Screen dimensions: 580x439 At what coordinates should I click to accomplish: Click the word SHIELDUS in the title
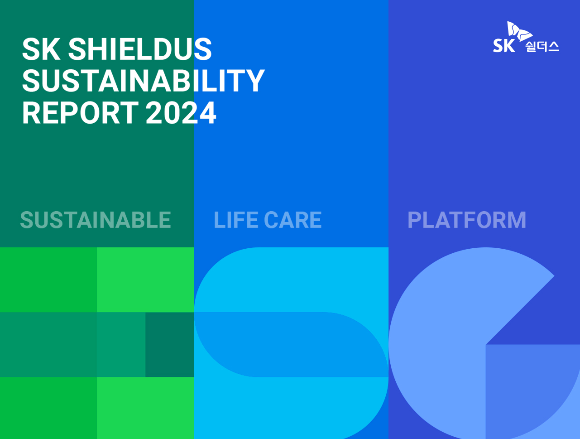140,49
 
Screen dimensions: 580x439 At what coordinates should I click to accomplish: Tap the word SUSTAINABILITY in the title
144,80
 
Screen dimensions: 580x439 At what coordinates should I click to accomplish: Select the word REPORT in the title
80,112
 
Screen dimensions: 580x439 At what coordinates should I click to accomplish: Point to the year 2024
181,112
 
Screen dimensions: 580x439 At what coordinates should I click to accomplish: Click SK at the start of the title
41,49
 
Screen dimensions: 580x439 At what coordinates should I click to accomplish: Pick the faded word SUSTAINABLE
96,220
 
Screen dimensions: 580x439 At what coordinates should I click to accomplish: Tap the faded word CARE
293,220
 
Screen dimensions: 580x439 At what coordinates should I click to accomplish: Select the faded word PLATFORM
467,220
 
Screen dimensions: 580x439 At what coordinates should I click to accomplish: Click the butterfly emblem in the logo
519,31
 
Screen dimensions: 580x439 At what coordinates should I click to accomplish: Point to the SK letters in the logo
504,45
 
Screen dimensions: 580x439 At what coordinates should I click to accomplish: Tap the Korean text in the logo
542,47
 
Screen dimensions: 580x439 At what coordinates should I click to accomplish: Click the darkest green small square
170,344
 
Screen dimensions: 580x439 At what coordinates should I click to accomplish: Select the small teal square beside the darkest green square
121,344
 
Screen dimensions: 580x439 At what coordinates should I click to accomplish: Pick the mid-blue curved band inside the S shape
291,344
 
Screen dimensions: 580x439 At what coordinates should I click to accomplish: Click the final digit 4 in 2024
208,112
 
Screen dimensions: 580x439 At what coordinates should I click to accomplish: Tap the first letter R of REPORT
31,112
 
